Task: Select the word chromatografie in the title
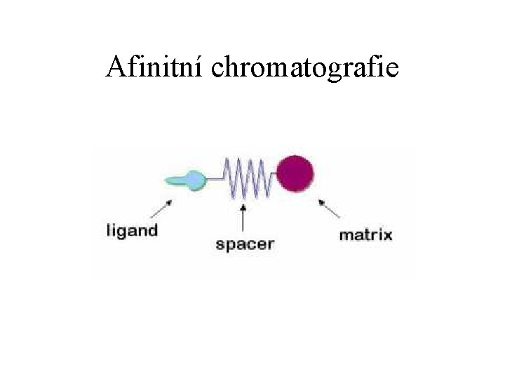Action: (304, 69)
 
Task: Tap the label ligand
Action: (132, 230)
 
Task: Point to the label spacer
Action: (244, 245)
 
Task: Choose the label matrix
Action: (365, 234)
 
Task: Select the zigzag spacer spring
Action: (245, 179)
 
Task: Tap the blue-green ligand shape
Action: (187, 180)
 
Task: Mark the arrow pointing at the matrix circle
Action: (329, 208)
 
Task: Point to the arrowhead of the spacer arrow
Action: (243, 206)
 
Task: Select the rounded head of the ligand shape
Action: (196, 180)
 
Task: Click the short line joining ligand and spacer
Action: (215, 180)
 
